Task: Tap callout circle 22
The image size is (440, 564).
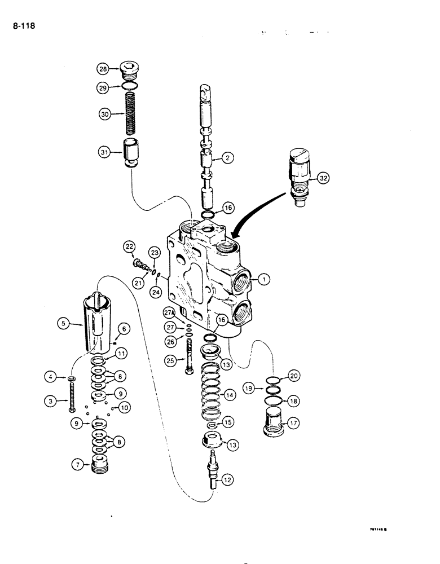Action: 130,246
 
